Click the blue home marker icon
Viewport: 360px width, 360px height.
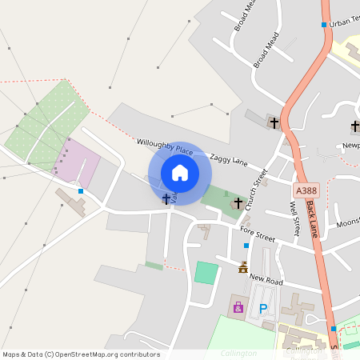coord(180,173)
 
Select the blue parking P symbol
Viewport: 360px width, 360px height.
coord(262,308)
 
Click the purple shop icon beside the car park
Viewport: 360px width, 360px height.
coord(238,306)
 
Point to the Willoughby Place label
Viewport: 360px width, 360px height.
coord(166,146)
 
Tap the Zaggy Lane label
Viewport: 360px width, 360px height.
coord(229,160)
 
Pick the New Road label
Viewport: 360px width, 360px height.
coord(266,278)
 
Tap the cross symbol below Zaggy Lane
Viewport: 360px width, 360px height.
coord(238,204)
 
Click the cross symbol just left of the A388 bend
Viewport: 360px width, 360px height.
coord(274,123)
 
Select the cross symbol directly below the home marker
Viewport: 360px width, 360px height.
coord(166,198)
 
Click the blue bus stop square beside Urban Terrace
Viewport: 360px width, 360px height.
coord(324,25)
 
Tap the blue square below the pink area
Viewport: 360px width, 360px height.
coord(81,191)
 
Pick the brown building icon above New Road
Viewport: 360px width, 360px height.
coord(243,267)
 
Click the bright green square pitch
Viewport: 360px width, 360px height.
coord(206,272)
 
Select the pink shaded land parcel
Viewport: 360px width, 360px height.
coord(76,160)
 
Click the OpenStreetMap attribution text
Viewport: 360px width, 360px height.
coord(81,354)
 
